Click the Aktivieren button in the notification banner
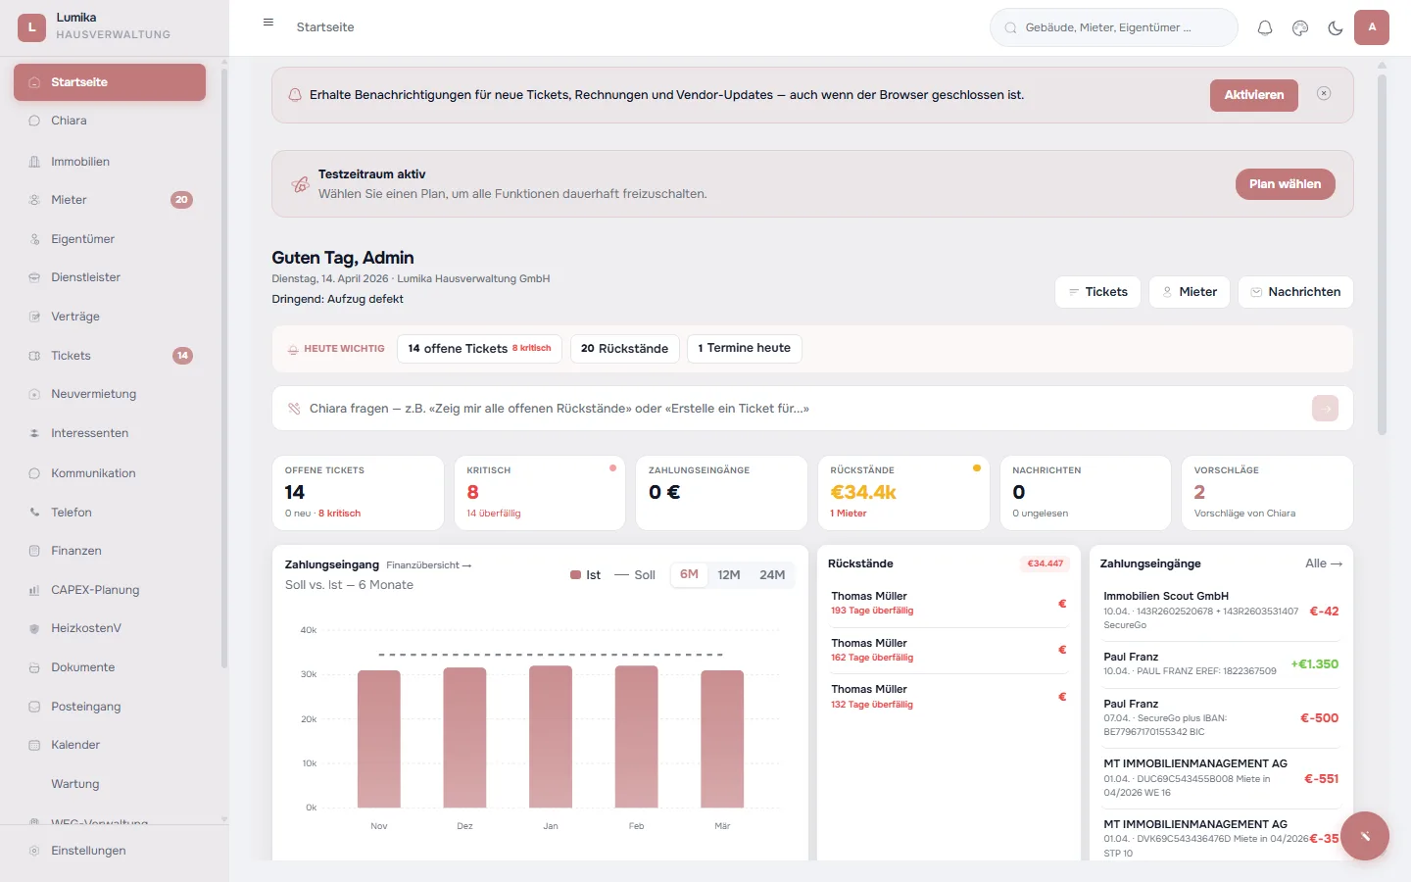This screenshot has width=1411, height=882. point(1253,95)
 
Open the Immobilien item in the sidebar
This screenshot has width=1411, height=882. point(80,162)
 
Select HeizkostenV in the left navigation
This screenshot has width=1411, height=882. point(86,628)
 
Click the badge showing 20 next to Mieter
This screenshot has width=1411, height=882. point(181,200)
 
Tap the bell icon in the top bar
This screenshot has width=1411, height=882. point(1265,28)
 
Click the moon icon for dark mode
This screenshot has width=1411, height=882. point(1335,28)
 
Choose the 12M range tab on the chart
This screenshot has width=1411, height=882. point(728,575)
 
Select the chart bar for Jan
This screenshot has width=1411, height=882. point(551,736)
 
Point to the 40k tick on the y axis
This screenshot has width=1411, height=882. point(309,630)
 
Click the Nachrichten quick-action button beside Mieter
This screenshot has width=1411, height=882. point(1295,292)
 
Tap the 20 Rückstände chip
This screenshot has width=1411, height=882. point(624,349)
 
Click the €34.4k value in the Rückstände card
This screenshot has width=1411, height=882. point(863,493)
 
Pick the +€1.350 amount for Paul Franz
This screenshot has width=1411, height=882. point(1314,664)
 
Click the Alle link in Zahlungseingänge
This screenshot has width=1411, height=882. point(1323,563)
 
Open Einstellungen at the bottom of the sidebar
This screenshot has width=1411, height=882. point(88,851)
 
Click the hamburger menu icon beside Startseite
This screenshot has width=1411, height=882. point(268,23)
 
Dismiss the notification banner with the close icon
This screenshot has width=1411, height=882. point(1324,94)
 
